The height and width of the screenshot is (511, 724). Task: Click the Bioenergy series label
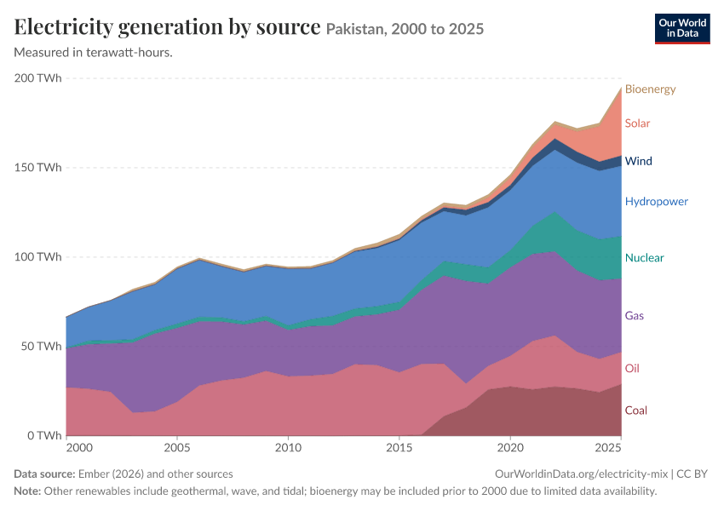(x=650, y=89)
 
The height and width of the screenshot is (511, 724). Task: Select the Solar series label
(x=637, y=123)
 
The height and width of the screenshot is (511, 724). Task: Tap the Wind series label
(x=639, y=161)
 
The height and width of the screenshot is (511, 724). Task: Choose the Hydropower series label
(x=656, y=202)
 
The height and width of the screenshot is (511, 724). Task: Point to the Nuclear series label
(x=644, y=258)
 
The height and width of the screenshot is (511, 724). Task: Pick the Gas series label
(x=634, y=316)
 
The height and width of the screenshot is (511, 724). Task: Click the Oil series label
(x=632, y=369)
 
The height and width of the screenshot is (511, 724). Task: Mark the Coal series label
(x=635, y=411)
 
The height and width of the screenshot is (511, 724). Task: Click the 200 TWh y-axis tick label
(x=37, y=78)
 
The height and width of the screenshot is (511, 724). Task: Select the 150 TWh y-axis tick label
(x=37, y=168)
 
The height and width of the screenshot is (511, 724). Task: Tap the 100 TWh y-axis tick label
(x=37, y=257)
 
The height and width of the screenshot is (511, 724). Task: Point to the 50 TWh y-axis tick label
(x=41, y=347)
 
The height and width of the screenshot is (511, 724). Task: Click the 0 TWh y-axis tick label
(x=44, y=436)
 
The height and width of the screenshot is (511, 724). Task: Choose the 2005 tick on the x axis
(x=177, y=448)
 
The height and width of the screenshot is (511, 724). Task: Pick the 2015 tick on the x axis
(x=399, y=448)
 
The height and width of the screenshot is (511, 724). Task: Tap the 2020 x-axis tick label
(x=510, y=448)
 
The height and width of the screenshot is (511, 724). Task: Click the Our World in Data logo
(x=682, y=29)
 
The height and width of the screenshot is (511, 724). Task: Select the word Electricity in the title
(x=63, y=27)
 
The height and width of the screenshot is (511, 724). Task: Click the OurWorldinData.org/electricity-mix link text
(x=581, y=474)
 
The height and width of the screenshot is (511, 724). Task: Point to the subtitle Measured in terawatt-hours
(x=94, y=53)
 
